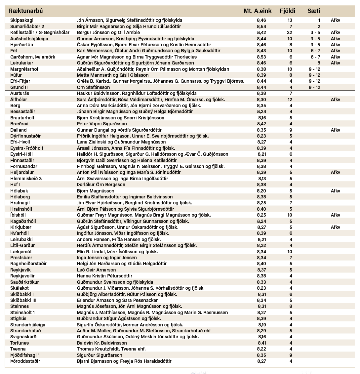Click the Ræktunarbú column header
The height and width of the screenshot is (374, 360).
pos(25,11)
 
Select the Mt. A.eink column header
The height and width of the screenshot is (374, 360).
pos(258,11)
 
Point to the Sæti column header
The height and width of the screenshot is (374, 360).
pos(314,11)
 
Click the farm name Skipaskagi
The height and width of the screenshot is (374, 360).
pos(21,20)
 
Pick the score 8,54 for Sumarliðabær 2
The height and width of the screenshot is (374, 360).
pos(261,26)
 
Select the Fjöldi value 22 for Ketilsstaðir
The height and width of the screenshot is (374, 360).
pos(290,32)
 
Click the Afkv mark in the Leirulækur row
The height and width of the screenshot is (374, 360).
pos(335,63)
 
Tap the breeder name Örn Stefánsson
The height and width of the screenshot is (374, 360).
pos(93,87)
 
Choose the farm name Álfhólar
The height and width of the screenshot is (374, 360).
pos(19,99)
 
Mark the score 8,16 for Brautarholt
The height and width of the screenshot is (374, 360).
pos(261,118)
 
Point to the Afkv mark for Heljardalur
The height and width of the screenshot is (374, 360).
pos(335,172)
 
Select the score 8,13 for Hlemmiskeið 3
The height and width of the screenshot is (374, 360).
pos(261,179)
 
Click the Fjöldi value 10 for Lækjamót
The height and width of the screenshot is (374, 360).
pos(290,252)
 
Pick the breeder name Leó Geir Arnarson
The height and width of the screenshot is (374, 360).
pos(96,270)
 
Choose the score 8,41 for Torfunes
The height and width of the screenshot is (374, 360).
pos(261,343)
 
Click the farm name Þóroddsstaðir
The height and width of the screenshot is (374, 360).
pos(25,361)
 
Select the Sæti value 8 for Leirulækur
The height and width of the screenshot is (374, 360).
pos(319,63)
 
